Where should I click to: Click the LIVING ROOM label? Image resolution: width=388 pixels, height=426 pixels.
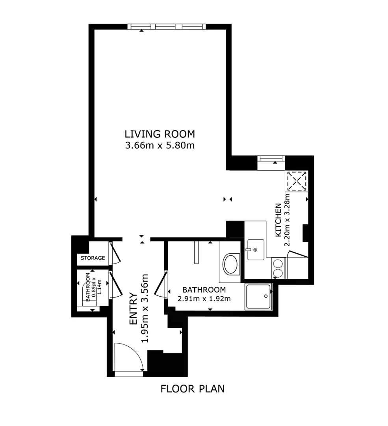pyautogui.click(x=160, y=134)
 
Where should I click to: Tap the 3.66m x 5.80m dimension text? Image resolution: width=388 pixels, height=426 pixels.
pyautogui.click(x=160, y=146)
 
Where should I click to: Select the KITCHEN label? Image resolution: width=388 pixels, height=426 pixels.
pyautogui.click(x=278, y=220)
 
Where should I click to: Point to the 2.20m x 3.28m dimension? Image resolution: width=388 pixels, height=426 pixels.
pyautogui.click(x=287, y=220)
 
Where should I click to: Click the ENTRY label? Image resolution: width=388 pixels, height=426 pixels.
pyautogui.click(x=133, y=308)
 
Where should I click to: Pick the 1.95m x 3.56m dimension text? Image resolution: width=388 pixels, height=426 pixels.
pyautogui.click(x=145, y=308)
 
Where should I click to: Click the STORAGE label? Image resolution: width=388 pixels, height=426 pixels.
pyautogui.click(x=93, y=258)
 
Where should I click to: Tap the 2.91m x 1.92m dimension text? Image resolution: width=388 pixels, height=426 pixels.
pyautogui.click(x=204, y=299)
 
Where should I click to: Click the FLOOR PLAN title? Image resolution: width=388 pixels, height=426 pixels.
pyautogui.click(x=193, y=389)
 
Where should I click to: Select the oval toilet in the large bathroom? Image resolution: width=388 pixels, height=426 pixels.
pyautogui.click(x=231, y=264)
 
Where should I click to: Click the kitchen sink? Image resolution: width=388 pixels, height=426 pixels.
pyautogui.click(x=255, y=249)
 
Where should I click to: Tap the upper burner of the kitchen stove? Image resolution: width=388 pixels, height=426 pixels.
pyautogui.click(x=278, y=263)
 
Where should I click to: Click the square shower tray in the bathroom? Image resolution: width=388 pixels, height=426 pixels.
pyautogui.click(x=258, y=297)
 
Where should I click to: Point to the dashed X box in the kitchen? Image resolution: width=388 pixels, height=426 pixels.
pyautogui.click(x=296, y=181)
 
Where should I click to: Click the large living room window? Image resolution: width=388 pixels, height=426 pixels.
pyautogui.click(x=167, y=27)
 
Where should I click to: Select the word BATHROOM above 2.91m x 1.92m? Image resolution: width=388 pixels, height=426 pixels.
pyautogui.click(x=204, y=290)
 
